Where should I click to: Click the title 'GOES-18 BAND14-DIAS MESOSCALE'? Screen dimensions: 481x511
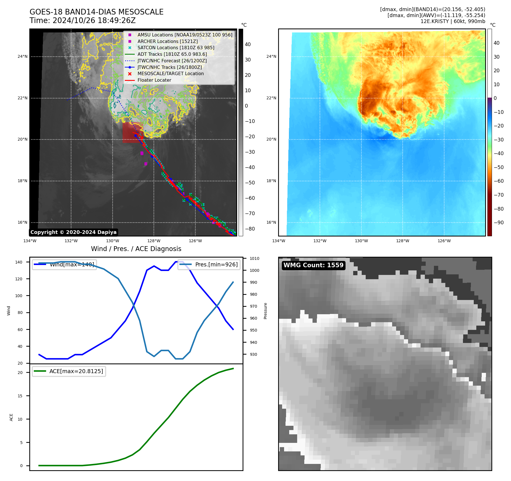[96, 12]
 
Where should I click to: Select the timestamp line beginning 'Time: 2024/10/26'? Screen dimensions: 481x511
[82, 20]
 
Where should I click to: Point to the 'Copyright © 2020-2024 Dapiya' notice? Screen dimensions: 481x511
[73, 232]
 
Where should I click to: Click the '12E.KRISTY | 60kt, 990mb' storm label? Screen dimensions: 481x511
[453, 21]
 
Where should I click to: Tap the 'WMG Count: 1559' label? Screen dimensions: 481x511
[313, 265]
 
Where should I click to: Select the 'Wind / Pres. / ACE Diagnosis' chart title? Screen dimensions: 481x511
[136, 249]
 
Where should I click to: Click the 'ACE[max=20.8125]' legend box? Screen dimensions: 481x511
[69, 371]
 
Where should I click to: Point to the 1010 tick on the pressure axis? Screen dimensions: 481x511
[254, 258]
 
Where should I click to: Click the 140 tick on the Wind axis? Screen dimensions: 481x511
[19, 262]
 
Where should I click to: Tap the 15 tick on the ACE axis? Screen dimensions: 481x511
[20, 396]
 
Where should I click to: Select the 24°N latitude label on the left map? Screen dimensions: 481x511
[22, 56]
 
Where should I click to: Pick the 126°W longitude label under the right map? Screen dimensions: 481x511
[444, 241]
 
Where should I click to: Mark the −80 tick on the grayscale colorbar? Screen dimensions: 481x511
[250, 229]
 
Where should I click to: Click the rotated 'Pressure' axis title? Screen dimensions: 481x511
[265, 311]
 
